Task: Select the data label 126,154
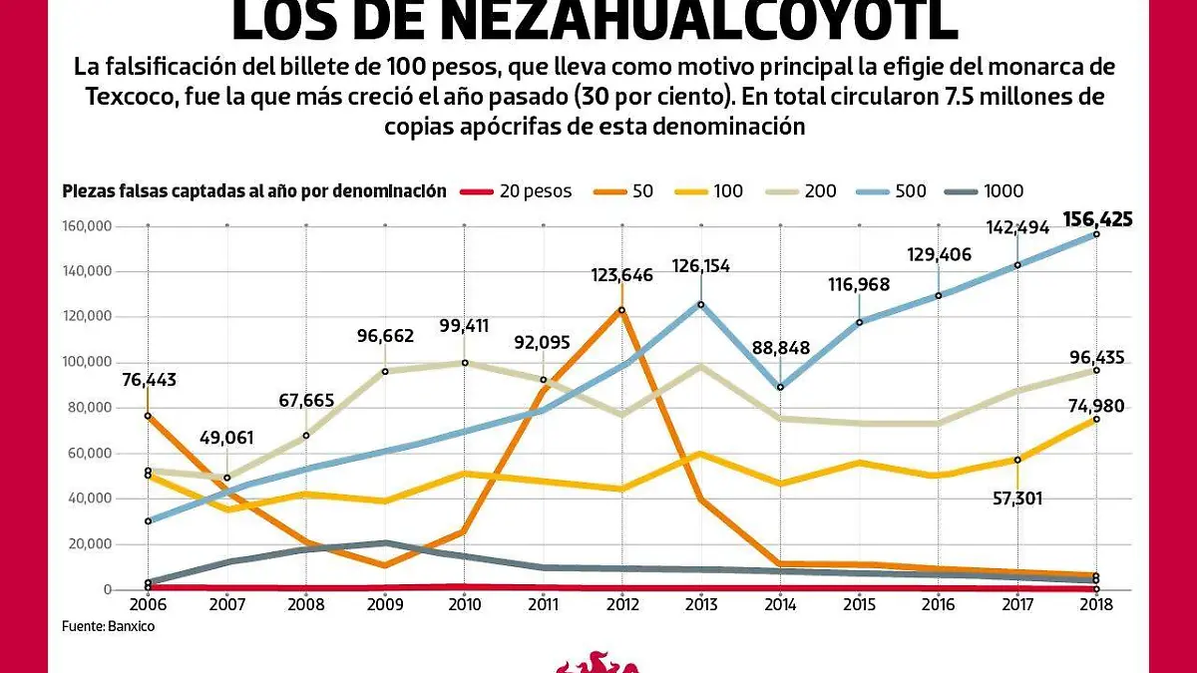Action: point(701,267)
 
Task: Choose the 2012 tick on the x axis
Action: point(621,605)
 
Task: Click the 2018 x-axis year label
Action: point(1097,605)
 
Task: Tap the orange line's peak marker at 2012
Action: point(621,310)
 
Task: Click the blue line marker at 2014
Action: point(780,387)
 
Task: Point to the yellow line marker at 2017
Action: point(1017,460)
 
